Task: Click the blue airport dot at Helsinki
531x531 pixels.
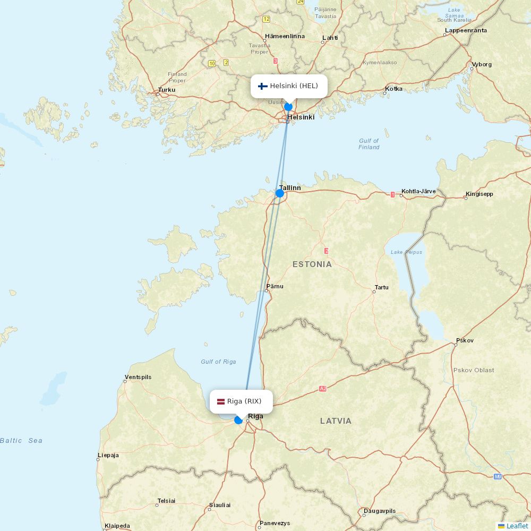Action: click(x=288, y=107)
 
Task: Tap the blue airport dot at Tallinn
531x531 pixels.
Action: click(x=280, y=193)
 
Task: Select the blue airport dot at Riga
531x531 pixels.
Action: click(x=238, y=420)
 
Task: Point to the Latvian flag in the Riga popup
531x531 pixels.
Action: click(x=221, y=401)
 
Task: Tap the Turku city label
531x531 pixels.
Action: click(x=166, y=90)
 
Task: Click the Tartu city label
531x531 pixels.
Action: click(x=381, y=287)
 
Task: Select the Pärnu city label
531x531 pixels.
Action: click(x=275, y=286)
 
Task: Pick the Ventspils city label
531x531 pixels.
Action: click(x=138, y=377)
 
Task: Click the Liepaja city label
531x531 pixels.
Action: click(x=108, y=455)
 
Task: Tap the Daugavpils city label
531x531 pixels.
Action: click(x=380, y=511)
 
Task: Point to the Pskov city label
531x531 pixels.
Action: click(x=465, y=340)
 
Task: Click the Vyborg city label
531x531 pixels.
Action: click(x=481, y=64)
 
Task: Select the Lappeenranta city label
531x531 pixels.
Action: click(x=466, y=30)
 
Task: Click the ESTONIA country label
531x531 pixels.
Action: click(x=312, y=264)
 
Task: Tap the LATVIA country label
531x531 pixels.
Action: click(x=336, y=421)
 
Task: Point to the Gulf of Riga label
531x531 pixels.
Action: click(x=218, y=362)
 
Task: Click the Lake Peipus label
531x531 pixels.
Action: click(x=407, y=252)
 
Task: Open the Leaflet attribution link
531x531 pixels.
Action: click(x=517, y=526)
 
